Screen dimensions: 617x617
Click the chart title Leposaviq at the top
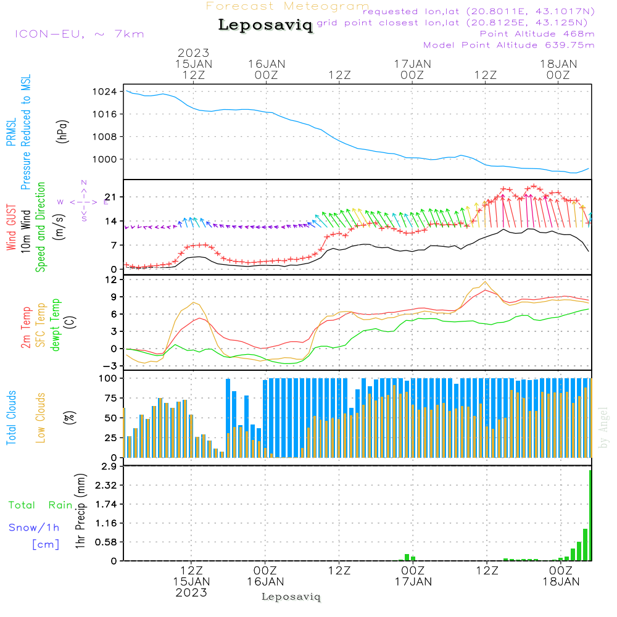265,25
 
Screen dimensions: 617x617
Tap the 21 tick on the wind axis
111,197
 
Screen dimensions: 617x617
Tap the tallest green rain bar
590,515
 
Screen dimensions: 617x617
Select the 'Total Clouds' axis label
12,418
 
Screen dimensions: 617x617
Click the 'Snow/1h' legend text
34,528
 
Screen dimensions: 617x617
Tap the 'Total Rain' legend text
40,505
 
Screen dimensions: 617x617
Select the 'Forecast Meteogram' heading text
287,6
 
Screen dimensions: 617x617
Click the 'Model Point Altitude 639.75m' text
508,45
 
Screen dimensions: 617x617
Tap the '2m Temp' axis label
26,327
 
